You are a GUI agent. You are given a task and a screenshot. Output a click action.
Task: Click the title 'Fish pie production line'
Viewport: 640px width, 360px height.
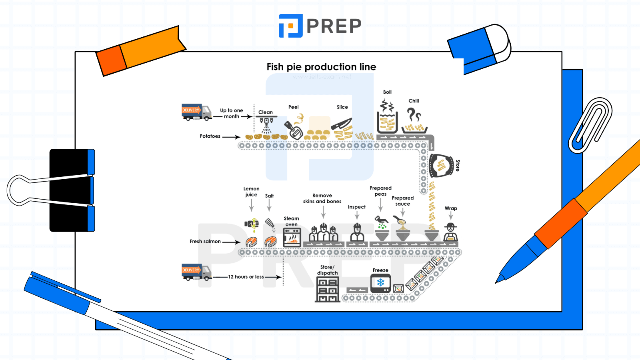point(321,67)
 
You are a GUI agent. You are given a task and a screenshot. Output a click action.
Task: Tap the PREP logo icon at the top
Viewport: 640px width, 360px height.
point(290,26)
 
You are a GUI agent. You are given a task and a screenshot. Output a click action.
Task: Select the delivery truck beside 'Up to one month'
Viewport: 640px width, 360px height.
point(196,112)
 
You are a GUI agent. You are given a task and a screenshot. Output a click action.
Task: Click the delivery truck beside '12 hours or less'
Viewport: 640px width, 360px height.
point(196,272)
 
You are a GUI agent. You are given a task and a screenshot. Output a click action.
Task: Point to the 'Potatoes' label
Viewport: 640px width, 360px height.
point(210,136)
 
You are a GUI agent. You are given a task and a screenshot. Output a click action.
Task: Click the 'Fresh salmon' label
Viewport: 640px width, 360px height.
point(205,242)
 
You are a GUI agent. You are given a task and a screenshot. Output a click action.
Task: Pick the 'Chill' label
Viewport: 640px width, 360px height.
point(414,101)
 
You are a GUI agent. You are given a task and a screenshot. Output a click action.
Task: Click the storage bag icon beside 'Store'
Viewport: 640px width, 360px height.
point(440,165)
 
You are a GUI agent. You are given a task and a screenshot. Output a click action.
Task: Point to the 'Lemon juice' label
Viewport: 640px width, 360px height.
point(251,192)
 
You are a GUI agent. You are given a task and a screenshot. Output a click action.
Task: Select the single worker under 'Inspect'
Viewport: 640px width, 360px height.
point(357,233)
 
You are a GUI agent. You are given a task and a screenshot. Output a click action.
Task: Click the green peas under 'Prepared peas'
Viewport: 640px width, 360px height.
point(382,226)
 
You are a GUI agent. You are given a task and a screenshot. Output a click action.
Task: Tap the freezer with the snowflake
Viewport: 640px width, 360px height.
point(380,283)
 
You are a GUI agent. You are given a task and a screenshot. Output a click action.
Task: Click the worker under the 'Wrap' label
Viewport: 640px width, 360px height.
point(450,232)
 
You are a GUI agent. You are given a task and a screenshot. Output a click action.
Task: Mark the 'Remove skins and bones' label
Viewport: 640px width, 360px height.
point(322,198)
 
